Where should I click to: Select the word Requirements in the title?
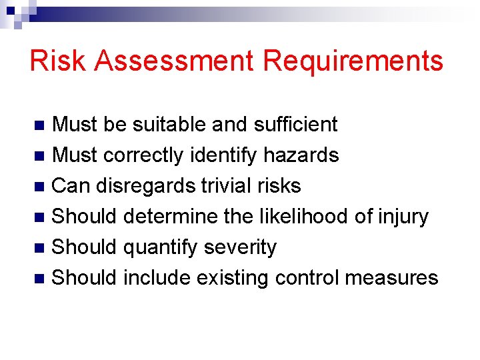coord(353,61)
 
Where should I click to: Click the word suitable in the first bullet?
coord(169,125)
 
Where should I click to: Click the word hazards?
coord(301,155)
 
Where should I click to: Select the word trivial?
coord(225,186)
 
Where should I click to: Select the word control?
coord(307,278)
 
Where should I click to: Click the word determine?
coord(167,217)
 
